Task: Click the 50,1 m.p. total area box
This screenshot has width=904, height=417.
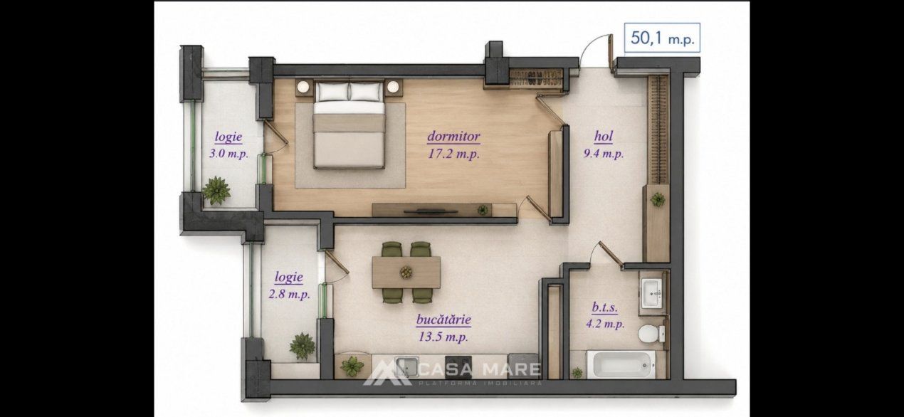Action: pyautogui.click(x=662, y=38)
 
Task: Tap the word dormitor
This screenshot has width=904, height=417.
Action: pyautogui.click(x=453, y=137)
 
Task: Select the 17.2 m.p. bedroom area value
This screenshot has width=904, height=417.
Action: pyautogui.click(x=453, y=154)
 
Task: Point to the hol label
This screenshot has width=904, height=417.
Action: pyautogui.click(x=604, y=137)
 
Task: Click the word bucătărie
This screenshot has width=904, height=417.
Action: pyautogui.click(x=443, y=320)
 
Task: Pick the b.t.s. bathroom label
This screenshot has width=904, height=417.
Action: pyautogui.click(x=604, y=307)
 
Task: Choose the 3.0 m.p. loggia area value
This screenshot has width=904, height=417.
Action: pyautogui.click(x=228, y=154)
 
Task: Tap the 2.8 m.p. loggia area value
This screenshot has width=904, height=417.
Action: pyautogui.click(x=290, y=294)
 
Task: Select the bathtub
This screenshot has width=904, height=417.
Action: pyautogui.click(x=621, y=365)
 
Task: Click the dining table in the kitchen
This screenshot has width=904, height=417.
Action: pyautogui.click(x=406, y=273)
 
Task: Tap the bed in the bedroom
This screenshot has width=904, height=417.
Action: pyautogui.click(x=349, y=125)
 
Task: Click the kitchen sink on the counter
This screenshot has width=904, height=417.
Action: pyautogui.click(x=406, y=366)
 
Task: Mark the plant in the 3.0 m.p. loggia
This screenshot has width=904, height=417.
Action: pyautogui.click(x=216, y=190)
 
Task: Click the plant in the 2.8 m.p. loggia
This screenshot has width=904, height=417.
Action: pyautogui.click(x=303, y=346)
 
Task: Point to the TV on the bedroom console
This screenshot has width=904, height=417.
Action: pyautogui.click(x=431, y=211)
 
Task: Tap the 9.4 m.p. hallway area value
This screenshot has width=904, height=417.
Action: pyautogui.click(x=604, y=154)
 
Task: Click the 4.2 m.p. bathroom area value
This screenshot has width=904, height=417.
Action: pyautogui.click(x=605, y=324)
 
